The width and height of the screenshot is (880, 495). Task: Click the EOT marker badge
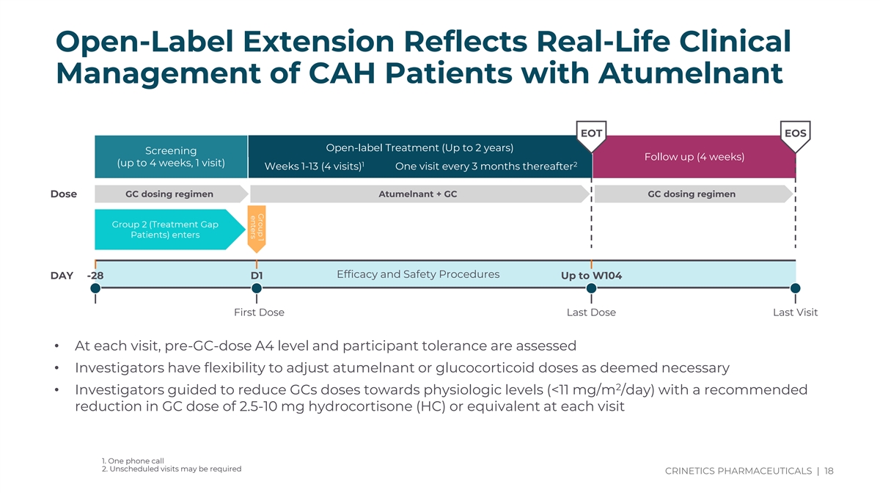[x=591, y=133]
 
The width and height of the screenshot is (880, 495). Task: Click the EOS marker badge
[x=796, y=133]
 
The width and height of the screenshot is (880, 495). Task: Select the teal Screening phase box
[x=171, y=157]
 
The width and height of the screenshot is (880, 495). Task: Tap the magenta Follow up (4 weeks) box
[x=694, y=157]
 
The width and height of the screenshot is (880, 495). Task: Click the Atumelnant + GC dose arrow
[x=418, y=194]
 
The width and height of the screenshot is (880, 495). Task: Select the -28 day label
[x=95, y=276]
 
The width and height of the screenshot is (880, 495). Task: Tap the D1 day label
[x=257, y=276]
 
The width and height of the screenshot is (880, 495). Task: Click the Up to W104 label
[x=591, y=276]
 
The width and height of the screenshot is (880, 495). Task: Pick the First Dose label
[x=259, y=312]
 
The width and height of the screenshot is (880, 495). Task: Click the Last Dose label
[x=591, y=312]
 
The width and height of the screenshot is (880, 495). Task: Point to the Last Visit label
[x=795, y=312]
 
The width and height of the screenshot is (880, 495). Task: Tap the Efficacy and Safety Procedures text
[x=418, y=274]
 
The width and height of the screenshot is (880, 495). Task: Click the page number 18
[x=829, y=471]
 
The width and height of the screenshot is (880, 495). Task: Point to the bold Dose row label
[x=63, y=194]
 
